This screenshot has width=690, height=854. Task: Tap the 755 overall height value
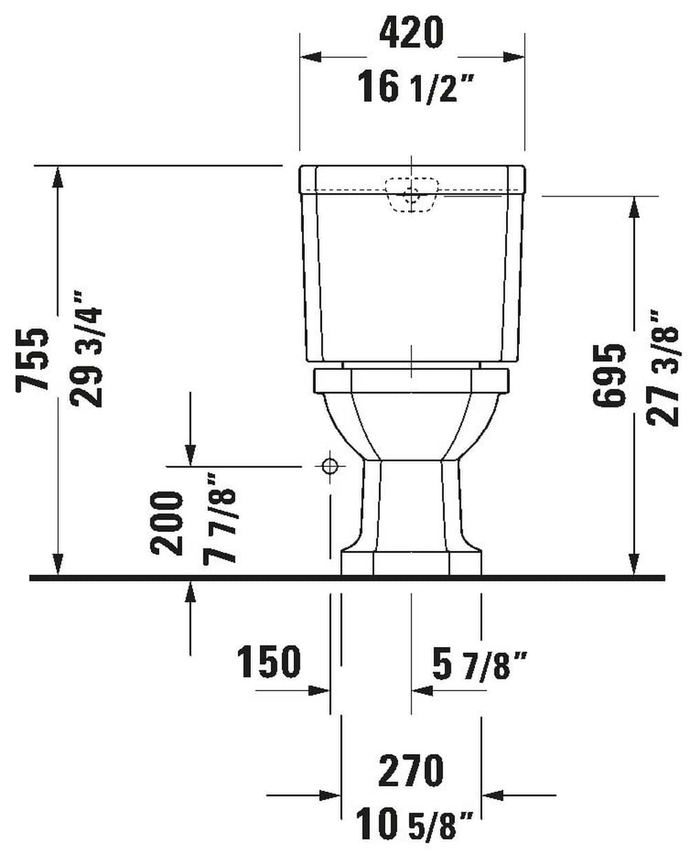[x=33, y=359]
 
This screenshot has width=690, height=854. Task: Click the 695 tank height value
[x=611, y=375]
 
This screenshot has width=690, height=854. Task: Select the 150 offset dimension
[x=270, y=662]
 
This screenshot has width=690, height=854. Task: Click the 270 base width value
[x=412, y=771]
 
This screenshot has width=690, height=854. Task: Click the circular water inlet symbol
[x=330, y=466]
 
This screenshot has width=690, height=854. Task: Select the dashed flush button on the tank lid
[x=412, y=194]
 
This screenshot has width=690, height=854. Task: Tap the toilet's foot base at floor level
[x=412, y=562]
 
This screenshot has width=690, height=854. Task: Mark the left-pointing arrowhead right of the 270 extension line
[x=492, y=795]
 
